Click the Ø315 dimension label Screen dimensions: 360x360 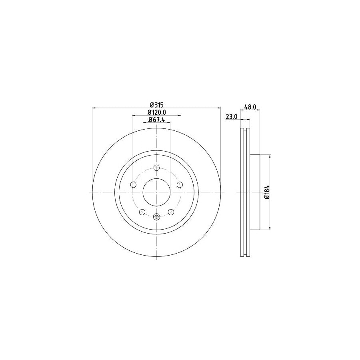coord(156,105)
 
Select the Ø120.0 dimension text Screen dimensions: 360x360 coord(156,112)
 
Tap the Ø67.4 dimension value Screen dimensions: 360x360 coord(156,120)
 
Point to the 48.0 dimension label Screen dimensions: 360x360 coord(250,107)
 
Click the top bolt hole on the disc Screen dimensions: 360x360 coord(156,168)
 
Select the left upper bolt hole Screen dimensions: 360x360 coord(134,184)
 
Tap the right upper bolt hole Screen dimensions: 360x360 coord(180,184)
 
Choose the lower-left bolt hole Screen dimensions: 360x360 coord(142,212)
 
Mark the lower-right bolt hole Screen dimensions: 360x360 coord(171,212)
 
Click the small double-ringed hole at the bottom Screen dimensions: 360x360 coord(156,217)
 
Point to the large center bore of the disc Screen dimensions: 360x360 coord(156,192)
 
